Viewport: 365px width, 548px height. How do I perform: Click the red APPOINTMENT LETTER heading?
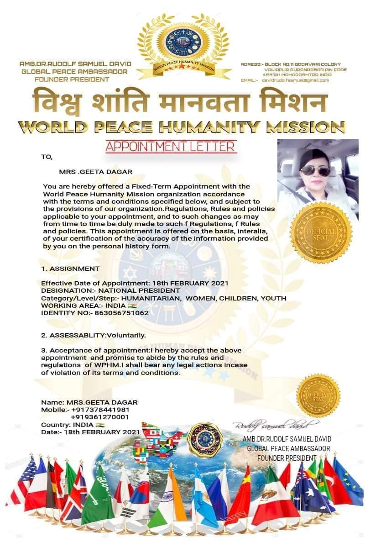click(x=171, y=147)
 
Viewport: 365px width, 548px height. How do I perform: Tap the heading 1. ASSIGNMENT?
click(x=70, y=269)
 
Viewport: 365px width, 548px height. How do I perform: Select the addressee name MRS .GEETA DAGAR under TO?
click(x=89, y=172)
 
